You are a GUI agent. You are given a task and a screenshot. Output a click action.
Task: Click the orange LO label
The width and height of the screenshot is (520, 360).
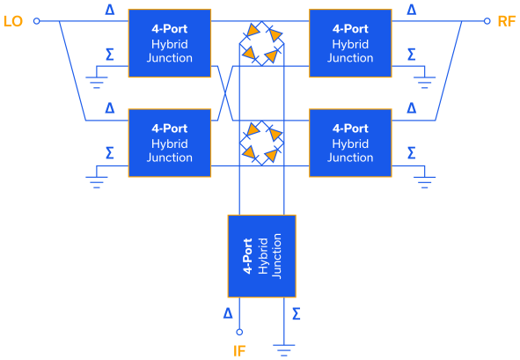pyautogui.click(x=13, y=20)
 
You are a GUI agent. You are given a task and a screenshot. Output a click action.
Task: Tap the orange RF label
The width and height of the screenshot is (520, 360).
pyautogui.click(x=506, y=20)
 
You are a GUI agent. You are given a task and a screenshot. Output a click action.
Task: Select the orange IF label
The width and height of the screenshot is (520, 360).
pyautogui.click(x=239, y=350)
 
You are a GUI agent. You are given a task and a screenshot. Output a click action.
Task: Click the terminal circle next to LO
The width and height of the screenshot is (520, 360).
pyautogui.click(x=37, y=20)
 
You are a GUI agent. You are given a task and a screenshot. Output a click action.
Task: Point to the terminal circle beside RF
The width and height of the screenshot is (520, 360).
pyautogui.click(x=487, y=20)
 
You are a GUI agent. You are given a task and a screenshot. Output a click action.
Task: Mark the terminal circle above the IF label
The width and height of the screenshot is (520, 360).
pyautogui.click(x=239, y=332)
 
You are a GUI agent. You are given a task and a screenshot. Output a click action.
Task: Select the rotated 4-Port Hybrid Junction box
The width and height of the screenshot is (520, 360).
pyautogui.click(x=261, y=256)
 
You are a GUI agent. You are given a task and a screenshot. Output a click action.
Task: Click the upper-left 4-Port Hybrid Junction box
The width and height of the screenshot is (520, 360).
pyautogui.click(x=170, y=43)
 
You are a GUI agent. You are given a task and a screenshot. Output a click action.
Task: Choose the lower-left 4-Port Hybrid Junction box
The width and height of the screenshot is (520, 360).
pyautogui.click(x=170, y=143)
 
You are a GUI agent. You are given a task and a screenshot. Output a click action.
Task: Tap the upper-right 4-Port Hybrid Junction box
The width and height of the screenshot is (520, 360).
pyautogui.click(x=350, y=43)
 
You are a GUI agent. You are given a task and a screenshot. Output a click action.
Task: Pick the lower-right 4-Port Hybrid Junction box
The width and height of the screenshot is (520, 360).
pyautogui.click(x=350, y=143)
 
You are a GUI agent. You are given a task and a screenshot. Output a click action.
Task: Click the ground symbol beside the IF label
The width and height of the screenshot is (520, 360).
pyautogui.click(x=283, y=349)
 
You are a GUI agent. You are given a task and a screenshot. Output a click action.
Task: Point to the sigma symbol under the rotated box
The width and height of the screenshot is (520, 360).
pyautogui.click(x=296, y=312)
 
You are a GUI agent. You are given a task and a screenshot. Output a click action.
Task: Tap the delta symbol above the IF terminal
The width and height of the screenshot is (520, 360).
pyautogui.click(x=228, y=312)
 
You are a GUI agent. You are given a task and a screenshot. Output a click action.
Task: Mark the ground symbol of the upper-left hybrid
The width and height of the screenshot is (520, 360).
pyautogui.click(x=97, y=83)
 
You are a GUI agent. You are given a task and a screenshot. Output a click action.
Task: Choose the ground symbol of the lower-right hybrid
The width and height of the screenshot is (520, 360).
pyautogui.click(x=425, y=182)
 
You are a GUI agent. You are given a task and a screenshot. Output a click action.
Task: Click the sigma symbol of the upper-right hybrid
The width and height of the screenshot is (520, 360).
pyautogui.click(x=411, y=55)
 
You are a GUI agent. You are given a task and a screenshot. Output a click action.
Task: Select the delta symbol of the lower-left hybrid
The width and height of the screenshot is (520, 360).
pyautogui.click(x=109, y=108)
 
